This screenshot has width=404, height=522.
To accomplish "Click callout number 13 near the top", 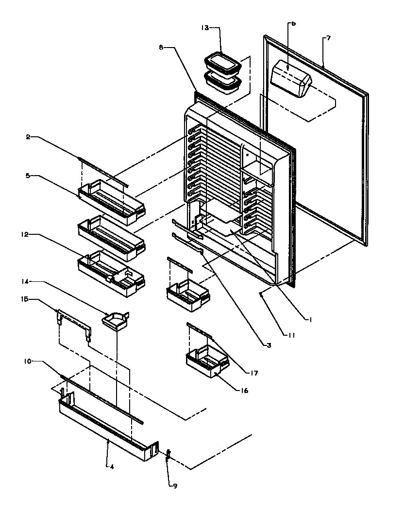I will coord(205,28).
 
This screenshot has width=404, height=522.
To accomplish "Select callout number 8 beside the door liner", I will coord(161,47).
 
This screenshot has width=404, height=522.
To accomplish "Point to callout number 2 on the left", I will coord(29,137).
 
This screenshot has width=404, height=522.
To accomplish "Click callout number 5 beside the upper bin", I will coord(29,176).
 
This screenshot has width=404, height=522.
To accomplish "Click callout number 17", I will coord(254,373).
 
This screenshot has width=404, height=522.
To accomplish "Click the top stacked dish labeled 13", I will coord(223,61).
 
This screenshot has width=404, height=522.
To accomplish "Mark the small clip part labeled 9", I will coord(168,455).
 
